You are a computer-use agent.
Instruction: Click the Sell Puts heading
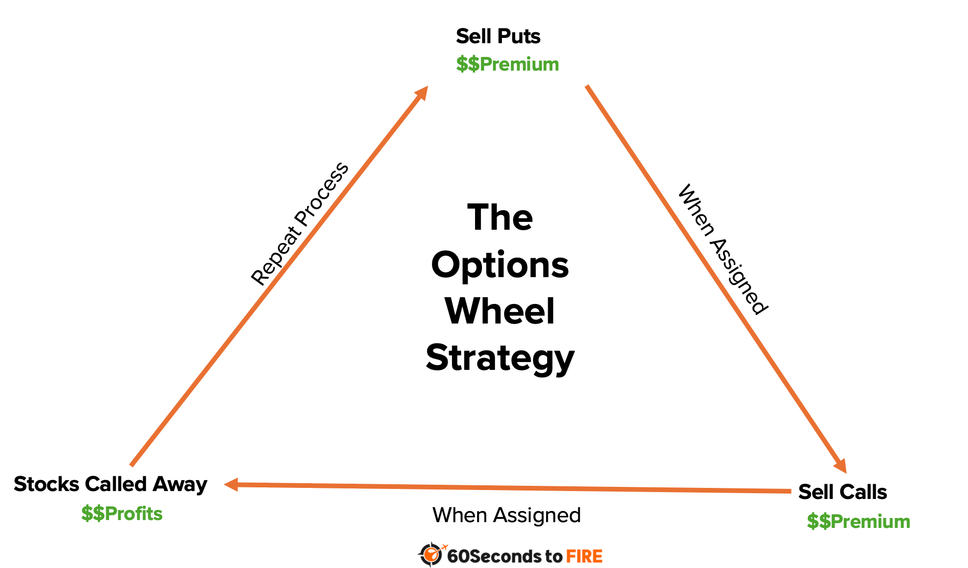click(498, 36)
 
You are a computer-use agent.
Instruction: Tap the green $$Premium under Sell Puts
click(507, 64)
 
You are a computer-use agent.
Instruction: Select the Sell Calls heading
click(842, 492)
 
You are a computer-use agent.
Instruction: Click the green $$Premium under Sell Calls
click(858, 522)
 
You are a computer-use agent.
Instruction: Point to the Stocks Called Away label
click(110, 484)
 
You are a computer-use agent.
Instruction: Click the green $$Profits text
click(122, 514)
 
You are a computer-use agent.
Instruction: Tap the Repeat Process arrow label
click(299, 224)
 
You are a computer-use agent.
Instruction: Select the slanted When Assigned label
click(722, 249)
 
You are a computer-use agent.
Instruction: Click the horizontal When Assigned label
click(506, 515)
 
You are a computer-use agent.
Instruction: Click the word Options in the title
click(500, 265)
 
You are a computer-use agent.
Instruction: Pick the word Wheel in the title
click(500, 311)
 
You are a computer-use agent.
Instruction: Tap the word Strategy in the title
click(500, 358)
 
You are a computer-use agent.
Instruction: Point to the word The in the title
click(500, 218)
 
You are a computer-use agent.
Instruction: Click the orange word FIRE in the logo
click(584, 556)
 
